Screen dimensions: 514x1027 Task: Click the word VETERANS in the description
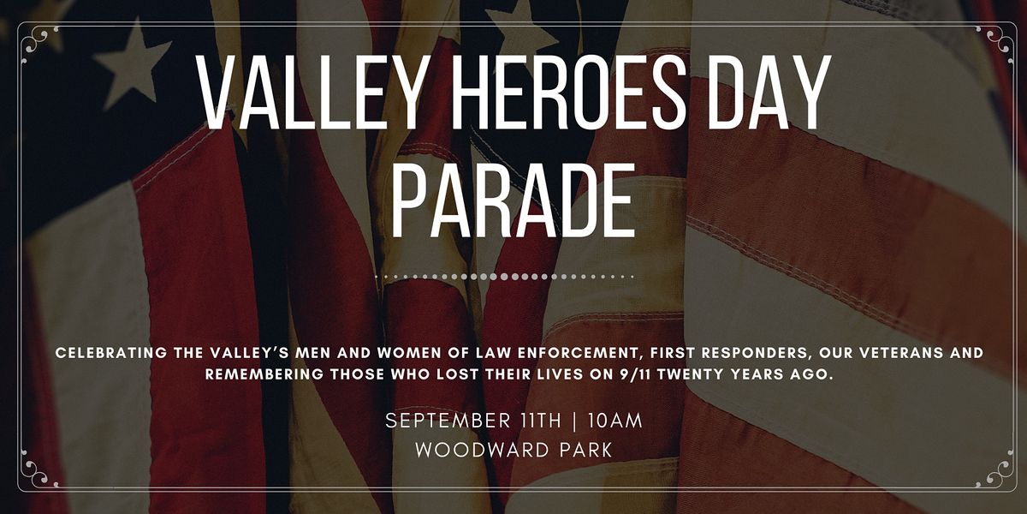(x=882, y=353)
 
